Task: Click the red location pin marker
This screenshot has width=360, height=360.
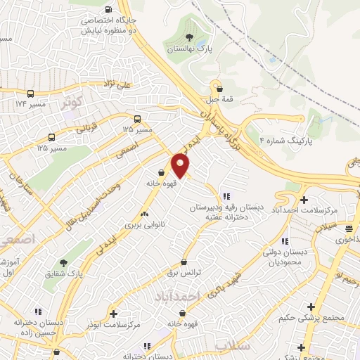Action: point(181,165)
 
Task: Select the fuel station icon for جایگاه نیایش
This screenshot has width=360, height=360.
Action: point(108,10)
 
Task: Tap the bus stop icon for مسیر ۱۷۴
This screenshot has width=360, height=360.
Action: point(30,93)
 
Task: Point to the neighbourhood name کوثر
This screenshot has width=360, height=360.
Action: point(72,101)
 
